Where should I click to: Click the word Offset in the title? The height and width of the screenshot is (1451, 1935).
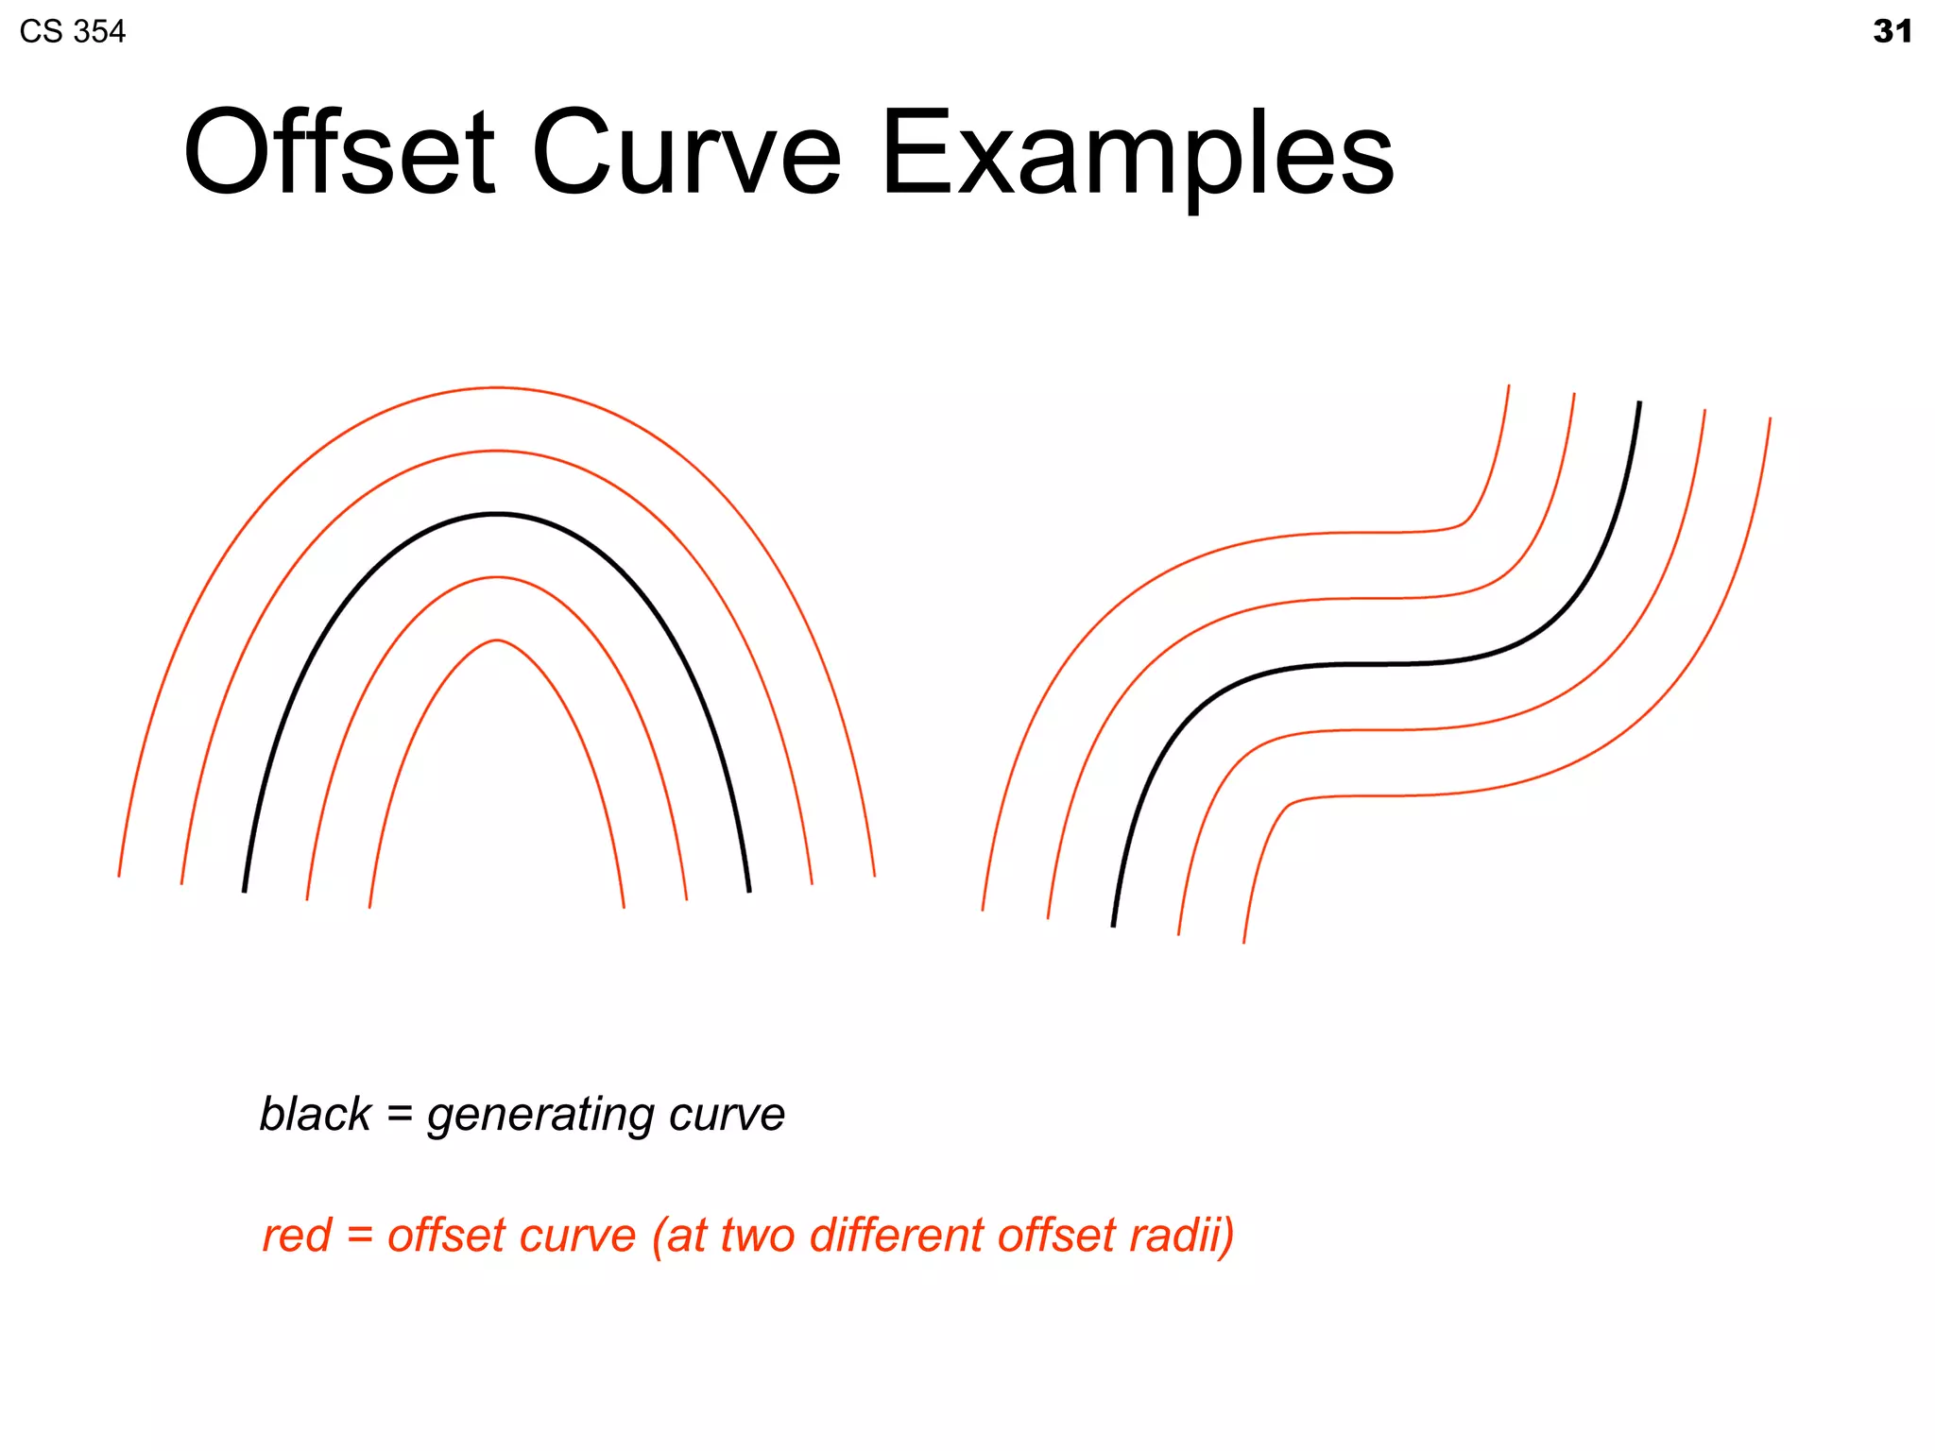(338, 153)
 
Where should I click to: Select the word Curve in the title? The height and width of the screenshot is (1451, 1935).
(686, 153)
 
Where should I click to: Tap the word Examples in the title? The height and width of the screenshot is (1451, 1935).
(1137, 156)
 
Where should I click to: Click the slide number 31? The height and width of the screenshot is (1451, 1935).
(1892, 31)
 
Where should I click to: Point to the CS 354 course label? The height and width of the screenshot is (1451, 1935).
(72, 32)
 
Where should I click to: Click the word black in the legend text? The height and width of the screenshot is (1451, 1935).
(316, 1114)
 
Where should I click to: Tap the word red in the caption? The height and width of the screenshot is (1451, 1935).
(297, 1236)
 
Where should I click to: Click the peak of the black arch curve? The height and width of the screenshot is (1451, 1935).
(497, 514)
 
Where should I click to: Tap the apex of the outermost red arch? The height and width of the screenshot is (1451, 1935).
(497, 387)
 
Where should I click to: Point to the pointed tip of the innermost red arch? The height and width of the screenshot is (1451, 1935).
(497, 640)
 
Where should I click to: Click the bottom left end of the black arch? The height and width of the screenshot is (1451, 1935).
(245, 891)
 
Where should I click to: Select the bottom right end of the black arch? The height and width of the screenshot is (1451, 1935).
(749, 891)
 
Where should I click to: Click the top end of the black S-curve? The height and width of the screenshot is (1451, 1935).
(1639, 402)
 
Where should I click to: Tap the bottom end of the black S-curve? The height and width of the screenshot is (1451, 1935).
(1113, 925)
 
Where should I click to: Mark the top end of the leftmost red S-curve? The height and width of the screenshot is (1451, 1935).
(1508, 385)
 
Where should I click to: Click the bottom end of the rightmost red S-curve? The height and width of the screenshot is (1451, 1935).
(1243, 942)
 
